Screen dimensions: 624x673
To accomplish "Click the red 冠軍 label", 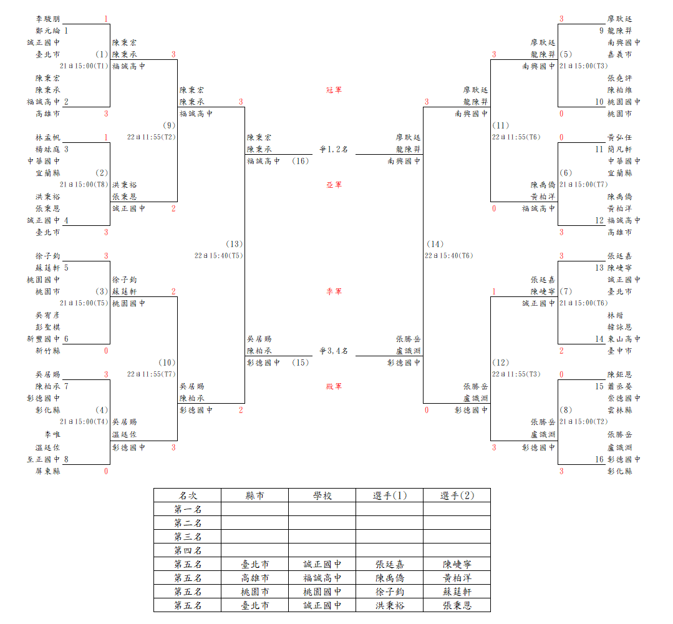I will [334, 90].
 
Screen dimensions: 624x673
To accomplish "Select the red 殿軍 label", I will [334, 386].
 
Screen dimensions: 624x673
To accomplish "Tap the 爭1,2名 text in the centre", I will [334, 149].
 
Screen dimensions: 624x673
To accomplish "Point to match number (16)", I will [300, 161].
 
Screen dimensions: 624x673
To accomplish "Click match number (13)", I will [235, 244].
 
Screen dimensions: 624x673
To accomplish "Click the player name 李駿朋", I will [48, 19].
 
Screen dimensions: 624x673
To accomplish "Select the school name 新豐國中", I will [44, 339].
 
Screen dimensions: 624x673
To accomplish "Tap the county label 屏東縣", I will [48, 471].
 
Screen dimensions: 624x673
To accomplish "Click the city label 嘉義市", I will [619, 54].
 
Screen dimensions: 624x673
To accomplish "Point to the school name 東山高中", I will [624, 339].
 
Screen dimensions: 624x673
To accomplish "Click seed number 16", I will [599, 459].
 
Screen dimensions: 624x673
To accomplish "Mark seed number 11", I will [599, 149].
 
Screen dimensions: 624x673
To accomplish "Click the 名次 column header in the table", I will [187, 495].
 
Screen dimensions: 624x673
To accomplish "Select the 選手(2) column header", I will [457, 495].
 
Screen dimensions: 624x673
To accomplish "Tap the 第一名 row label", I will [187, 509].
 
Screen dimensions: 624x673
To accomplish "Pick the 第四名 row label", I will [187, 550].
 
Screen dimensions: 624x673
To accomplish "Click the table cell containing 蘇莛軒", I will [457, 592].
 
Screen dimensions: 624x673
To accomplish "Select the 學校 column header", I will [322, 495].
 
